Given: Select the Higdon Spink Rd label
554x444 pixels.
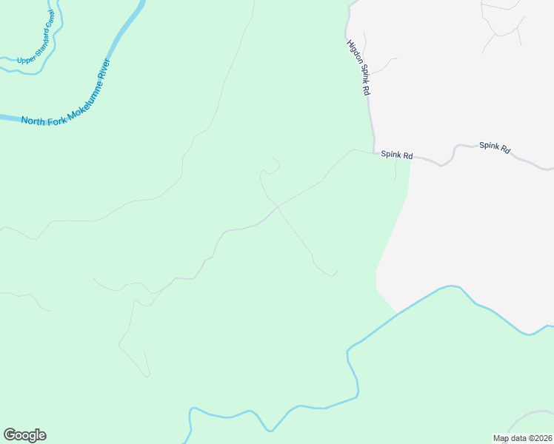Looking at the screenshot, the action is pos(358,67).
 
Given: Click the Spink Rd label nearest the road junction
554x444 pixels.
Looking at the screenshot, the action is pos(396,155).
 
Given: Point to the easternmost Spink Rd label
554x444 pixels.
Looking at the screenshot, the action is pos(495,147).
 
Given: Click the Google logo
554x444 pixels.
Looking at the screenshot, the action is pos(24,435).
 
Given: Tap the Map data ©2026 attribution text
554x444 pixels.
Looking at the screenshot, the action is pos(522,438).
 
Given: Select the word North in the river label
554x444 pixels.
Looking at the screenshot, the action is pos(34,121).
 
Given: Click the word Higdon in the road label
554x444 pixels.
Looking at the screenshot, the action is pos(353,53).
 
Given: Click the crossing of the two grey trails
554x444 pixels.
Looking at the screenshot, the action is pos(278,206).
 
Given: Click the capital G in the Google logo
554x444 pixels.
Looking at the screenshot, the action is pos(10,435).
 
